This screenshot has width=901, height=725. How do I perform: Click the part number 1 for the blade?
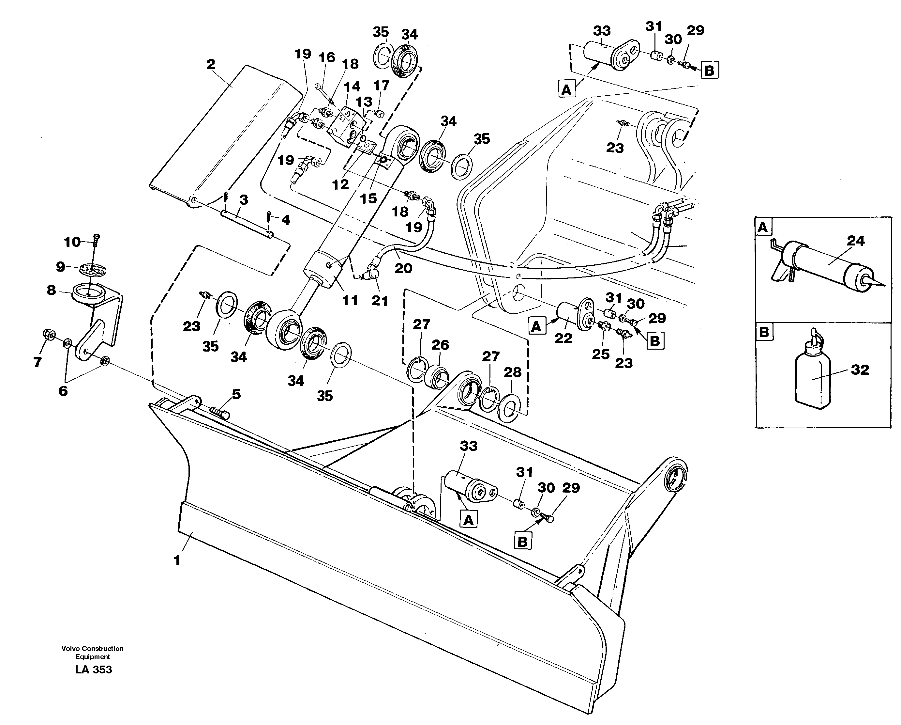177,560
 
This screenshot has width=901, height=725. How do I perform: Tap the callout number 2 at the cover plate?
211,64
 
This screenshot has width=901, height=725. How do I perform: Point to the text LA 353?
94,670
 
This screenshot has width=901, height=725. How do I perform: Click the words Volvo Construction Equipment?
92,652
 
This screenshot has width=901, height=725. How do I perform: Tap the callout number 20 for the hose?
403,268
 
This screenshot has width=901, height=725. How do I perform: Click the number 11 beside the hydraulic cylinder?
350,300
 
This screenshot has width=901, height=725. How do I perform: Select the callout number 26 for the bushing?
440,345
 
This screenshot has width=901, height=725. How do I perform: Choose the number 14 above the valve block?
352,87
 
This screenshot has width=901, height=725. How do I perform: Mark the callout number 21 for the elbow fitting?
380,300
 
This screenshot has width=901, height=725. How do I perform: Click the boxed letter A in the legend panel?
763,227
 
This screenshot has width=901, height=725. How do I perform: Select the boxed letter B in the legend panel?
764,332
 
